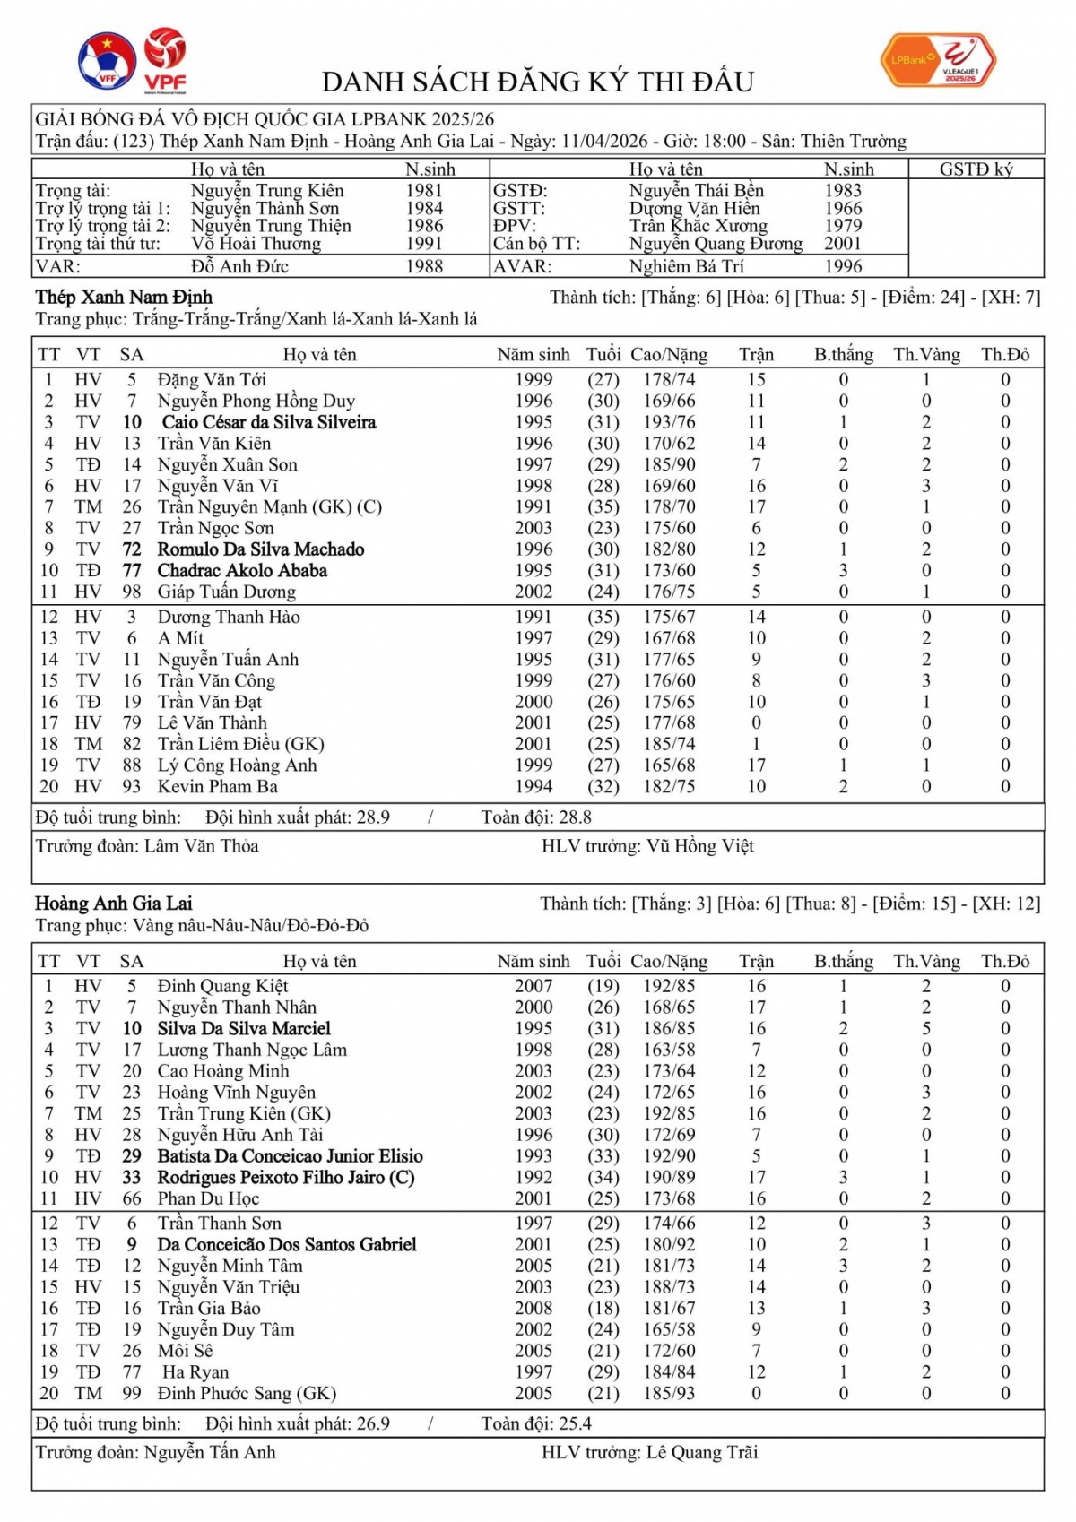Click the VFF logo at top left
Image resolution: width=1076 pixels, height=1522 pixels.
(107, 61)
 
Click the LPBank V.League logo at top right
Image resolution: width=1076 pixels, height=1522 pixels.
(937, 61)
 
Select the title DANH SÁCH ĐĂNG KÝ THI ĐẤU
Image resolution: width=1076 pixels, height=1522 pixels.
(537, 82)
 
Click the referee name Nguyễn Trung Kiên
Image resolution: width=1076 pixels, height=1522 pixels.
(267, 191)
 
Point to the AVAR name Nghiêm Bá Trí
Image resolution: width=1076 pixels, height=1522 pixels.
(686, 266)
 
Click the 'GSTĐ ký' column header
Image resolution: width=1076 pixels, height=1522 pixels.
(976, 169)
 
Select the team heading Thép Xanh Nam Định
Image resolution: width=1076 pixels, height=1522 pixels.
(124, 298)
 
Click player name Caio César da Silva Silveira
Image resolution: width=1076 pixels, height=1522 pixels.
(268, 422)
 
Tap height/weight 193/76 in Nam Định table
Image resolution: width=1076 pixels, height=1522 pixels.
(668, 422)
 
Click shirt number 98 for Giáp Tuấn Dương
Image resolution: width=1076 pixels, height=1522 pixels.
(132, 592)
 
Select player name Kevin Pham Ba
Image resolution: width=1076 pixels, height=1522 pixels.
(217, 787)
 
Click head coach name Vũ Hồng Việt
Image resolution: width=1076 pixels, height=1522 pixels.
(699, 846)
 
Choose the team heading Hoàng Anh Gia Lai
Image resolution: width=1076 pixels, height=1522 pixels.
(114, 904)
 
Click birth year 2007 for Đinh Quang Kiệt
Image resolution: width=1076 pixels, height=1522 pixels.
(534, 987)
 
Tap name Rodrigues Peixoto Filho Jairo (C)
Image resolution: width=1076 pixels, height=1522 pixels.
(285, 1178)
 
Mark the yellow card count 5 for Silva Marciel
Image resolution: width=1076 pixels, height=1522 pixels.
(926, 1029)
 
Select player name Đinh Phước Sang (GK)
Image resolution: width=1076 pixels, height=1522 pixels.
(247, 1394)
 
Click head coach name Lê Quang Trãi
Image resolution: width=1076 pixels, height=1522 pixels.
(702, 1453)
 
